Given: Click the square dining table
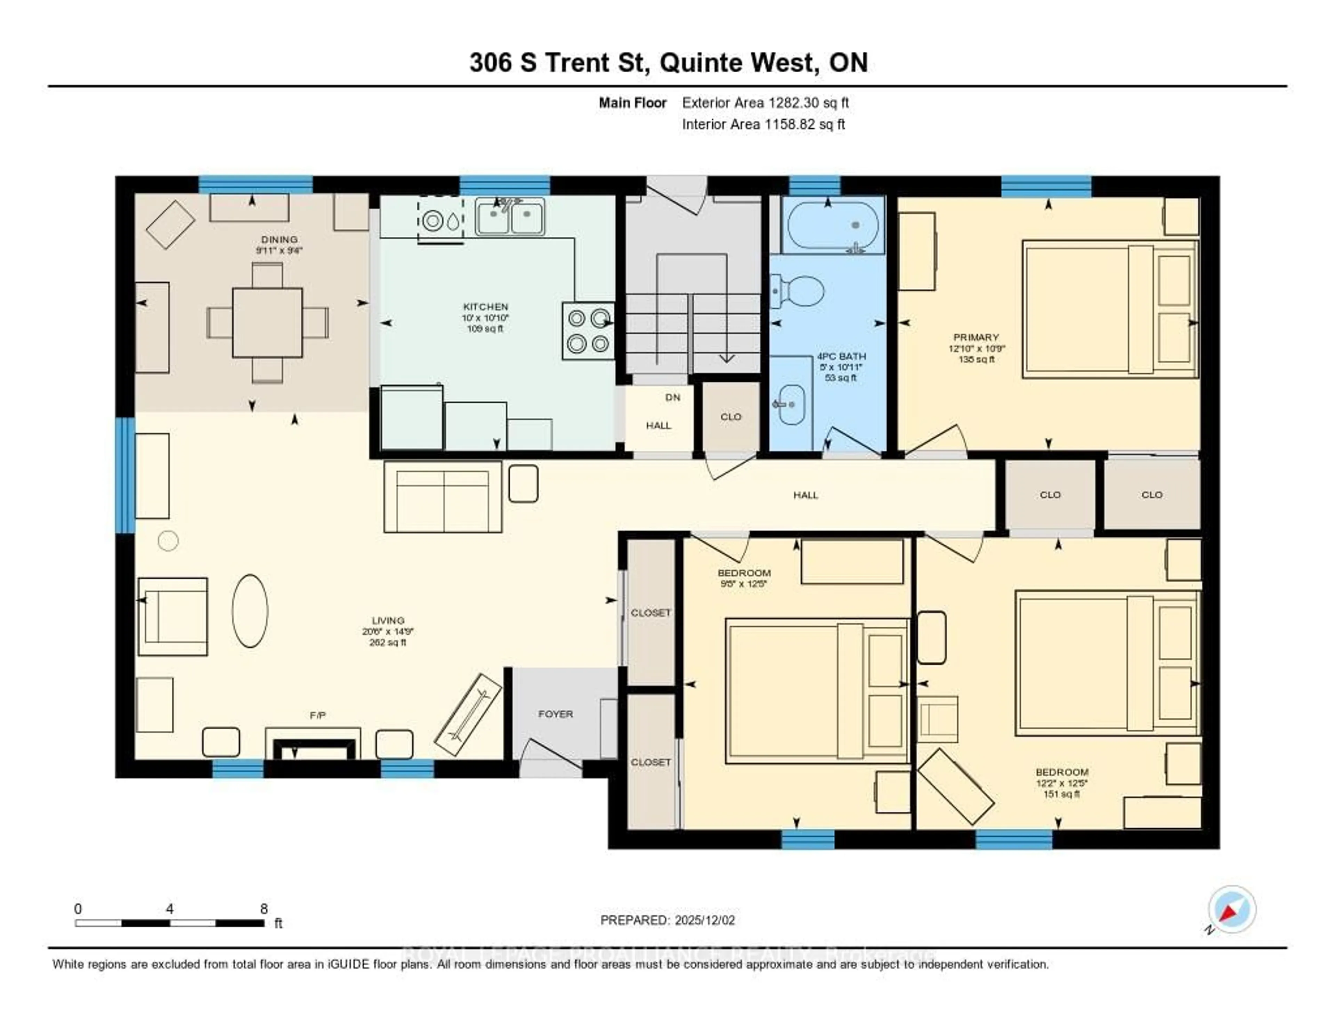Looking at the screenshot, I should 267,323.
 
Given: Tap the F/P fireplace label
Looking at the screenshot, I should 317,715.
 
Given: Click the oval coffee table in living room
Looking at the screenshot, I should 249,610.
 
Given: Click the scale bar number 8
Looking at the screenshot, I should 264,909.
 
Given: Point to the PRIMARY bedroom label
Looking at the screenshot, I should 976,337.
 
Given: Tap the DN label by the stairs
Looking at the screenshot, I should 672,397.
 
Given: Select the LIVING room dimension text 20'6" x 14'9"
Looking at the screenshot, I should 388,631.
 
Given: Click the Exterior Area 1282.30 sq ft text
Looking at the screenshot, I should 765,103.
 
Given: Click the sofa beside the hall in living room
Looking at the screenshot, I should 443,497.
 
